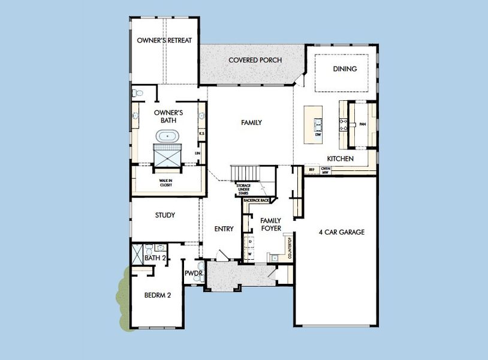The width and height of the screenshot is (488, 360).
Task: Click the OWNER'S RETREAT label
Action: (x=164, y=41)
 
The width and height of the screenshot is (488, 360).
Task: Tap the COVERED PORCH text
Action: (x=255, y=61)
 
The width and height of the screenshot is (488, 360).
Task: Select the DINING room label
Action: (x=345, y=69)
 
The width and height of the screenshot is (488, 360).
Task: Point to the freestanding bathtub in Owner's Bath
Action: (x=167, y=136)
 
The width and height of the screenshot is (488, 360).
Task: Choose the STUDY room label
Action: (x=165, y=215)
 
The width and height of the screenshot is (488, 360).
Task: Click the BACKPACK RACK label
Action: (x=256, y=199)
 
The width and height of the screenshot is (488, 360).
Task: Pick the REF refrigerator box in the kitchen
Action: (x=312, y=170)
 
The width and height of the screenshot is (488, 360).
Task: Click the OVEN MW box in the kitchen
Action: (x=326, y=170)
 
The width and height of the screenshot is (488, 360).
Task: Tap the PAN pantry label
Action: (x=362, y=125)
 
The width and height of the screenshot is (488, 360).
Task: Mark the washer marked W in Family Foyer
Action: (x=250, y=254)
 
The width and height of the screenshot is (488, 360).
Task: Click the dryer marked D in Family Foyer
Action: (x=250, y=242)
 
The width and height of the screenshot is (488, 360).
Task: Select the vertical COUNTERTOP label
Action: (x=289, y=246)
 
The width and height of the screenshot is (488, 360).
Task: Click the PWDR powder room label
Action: (x=194, y=274)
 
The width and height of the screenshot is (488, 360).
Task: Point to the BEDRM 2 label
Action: (x=158, y=295)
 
